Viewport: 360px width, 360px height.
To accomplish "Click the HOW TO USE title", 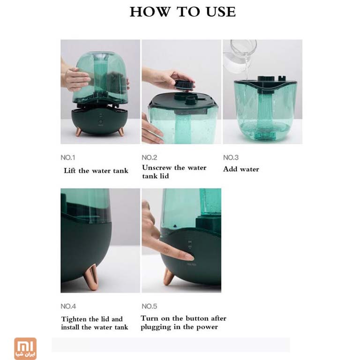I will [182, 12].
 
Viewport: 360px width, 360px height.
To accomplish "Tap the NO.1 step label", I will [68, 158].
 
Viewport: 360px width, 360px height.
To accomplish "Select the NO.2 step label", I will [149, 158].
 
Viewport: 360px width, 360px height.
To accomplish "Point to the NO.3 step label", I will [231, 158].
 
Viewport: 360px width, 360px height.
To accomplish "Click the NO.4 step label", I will [68, 306].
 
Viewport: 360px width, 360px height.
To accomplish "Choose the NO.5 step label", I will [150, 306].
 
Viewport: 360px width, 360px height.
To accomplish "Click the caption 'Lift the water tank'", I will [96, 171].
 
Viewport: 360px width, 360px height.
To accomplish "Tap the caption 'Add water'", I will [241, 169].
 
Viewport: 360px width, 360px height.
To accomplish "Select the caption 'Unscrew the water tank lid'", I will [174, 172].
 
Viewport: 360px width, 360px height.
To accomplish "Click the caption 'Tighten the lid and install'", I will [94, 323].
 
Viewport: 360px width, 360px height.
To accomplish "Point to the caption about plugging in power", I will [183, 322].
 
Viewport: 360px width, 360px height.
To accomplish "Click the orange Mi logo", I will [25, 348].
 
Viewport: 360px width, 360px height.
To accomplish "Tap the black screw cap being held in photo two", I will [184, 85].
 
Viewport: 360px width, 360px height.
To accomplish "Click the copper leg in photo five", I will [168, 276].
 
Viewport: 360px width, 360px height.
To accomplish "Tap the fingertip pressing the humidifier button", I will [188, 256].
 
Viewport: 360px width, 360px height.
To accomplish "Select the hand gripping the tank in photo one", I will [75, 79].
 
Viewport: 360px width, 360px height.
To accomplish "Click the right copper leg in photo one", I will [120, 131].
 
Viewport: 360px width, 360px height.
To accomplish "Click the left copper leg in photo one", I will [79, 131].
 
